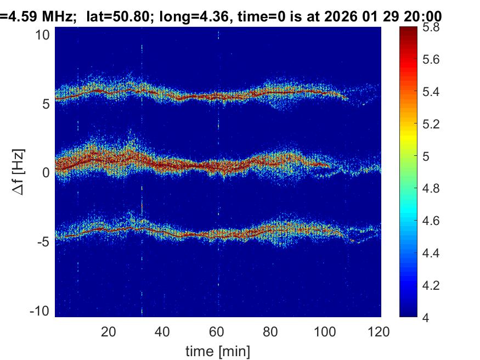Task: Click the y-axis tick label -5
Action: [x=44, y=241]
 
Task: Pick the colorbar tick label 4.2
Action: [x=432, y=285]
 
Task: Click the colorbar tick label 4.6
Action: [x=432, y=221]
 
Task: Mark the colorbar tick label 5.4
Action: [x=432, y=92]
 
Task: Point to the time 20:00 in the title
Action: [x=422, y=17]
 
